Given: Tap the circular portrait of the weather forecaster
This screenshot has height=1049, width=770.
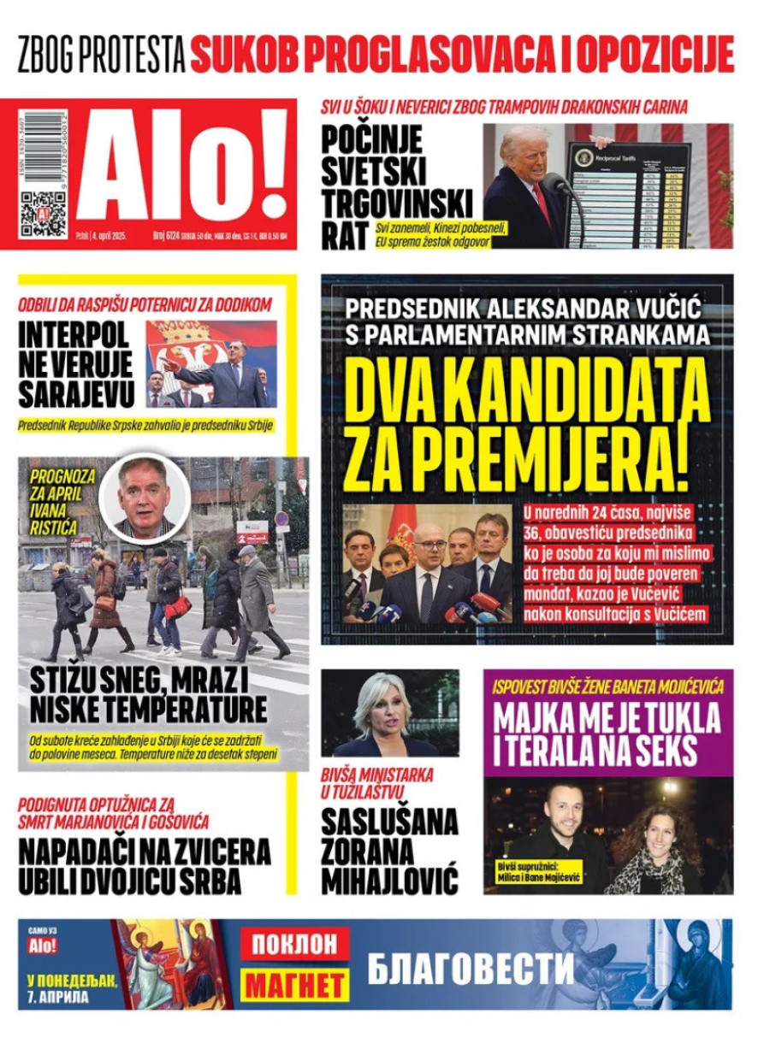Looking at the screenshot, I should pyautogui.click(x=145, y=498).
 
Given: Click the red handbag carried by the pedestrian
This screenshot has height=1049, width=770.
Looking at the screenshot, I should pyautogui.click(x=178, y=608).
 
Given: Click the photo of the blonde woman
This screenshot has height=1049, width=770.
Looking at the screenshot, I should pyautogui.click(x=390, y=713).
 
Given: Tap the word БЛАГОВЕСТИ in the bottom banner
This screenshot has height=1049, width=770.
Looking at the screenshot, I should pyautogui.click(x=471, y=968).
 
